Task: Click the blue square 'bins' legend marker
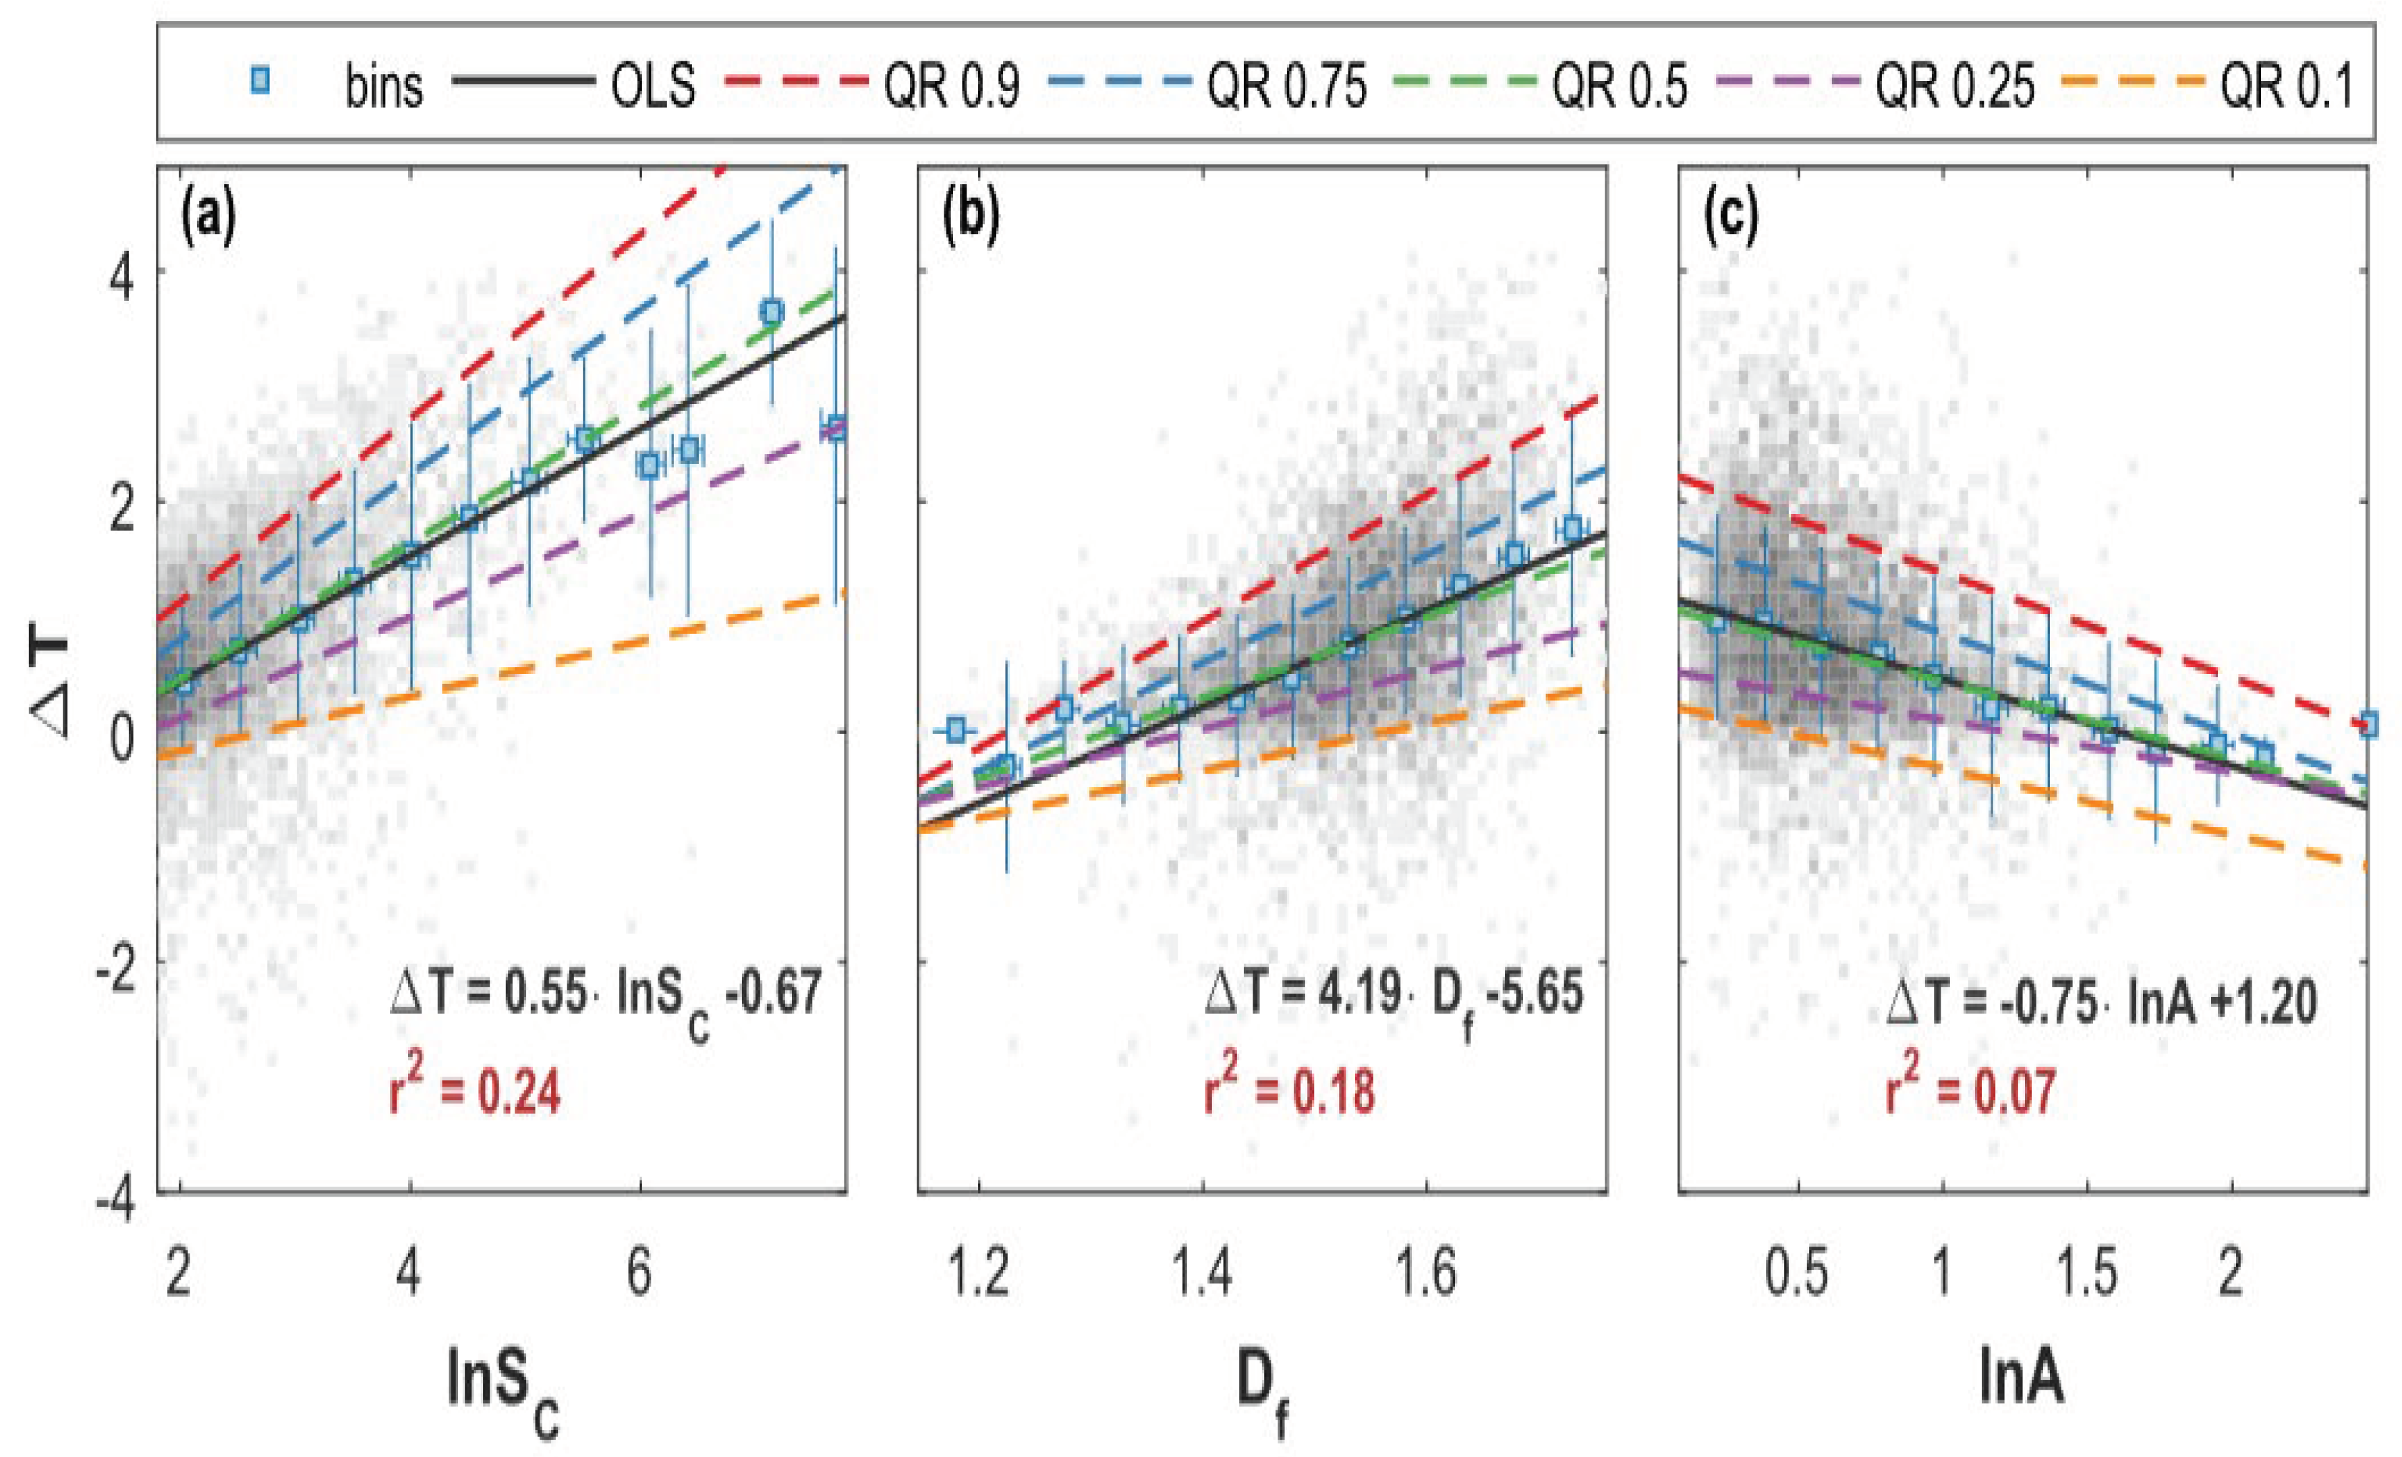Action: (259, 84)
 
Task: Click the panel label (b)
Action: (970, 221)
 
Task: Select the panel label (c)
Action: (1732, 221)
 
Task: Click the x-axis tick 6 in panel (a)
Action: (639, 1273)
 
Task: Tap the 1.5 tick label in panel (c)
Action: (2088, 1273)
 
